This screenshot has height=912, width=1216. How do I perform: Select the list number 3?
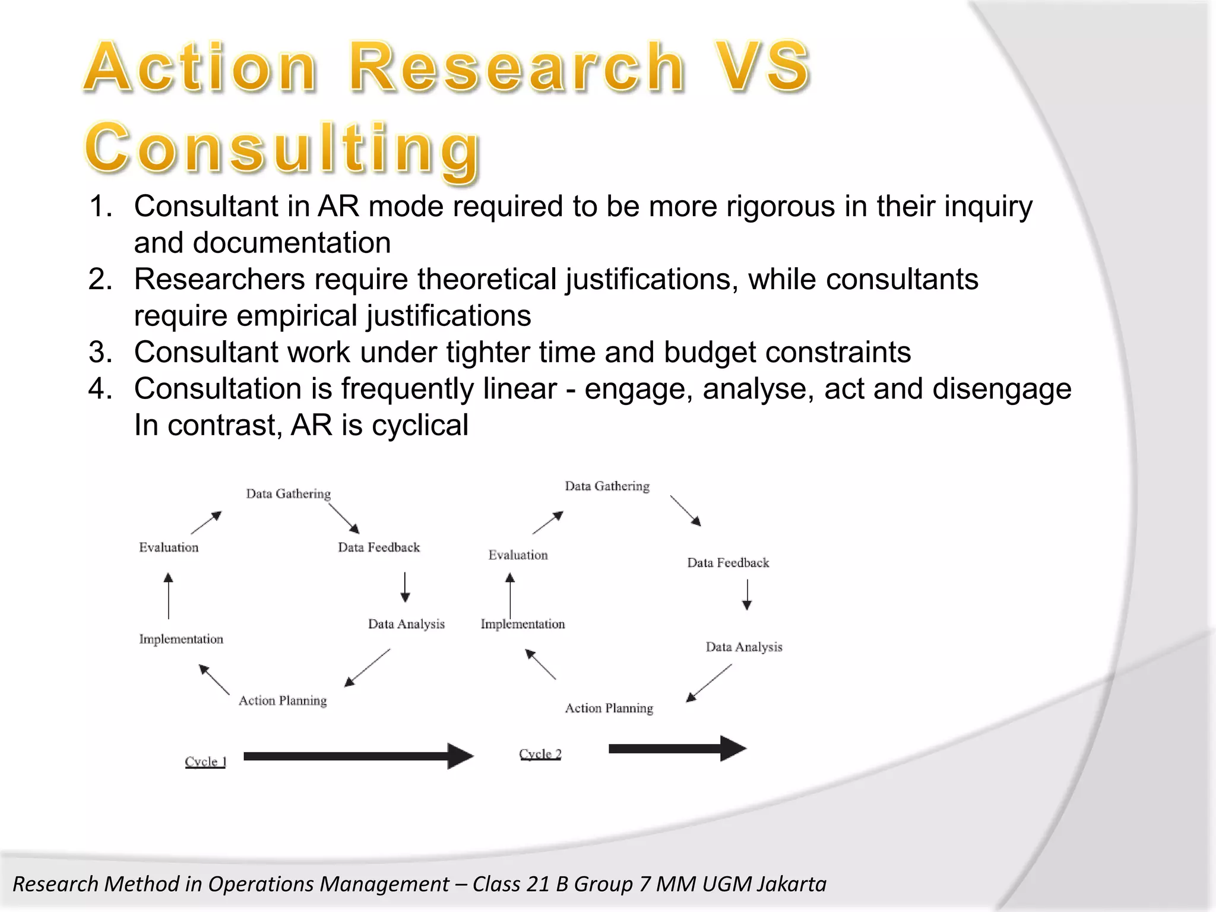click(x=100, y=352)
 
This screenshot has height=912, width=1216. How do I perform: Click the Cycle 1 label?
click(x=205, y=761)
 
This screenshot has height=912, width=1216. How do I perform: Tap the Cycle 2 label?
click(x=540, y=754)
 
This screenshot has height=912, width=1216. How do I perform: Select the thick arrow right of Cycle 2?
click(x=677, y=748)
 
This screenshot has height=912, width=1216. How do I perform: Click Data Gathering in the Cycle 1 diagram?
click(x=289, y=494)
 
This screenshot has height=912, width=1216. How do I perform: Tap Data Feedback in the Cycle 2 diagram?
click(x=728, y=563)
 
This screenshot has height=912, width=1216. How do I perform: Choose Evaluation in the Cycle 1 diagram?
click(x=169, y=547)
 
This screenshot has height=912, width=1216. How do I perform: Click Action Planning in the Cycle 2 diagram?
click(x=609, y=708)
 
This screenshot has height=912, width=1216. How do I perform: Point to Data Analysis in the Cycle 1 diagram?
click(x=406, y=624)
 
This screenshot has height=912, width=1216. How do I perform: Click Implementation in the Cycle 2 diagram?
click(x=522, y=624)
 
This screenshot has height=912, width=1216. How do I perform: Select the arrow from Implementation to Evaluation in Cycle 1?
click(x=169, y=596)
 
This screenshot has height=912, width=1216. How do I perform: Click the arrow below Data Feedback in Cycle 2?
click(x=747, y=595)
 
